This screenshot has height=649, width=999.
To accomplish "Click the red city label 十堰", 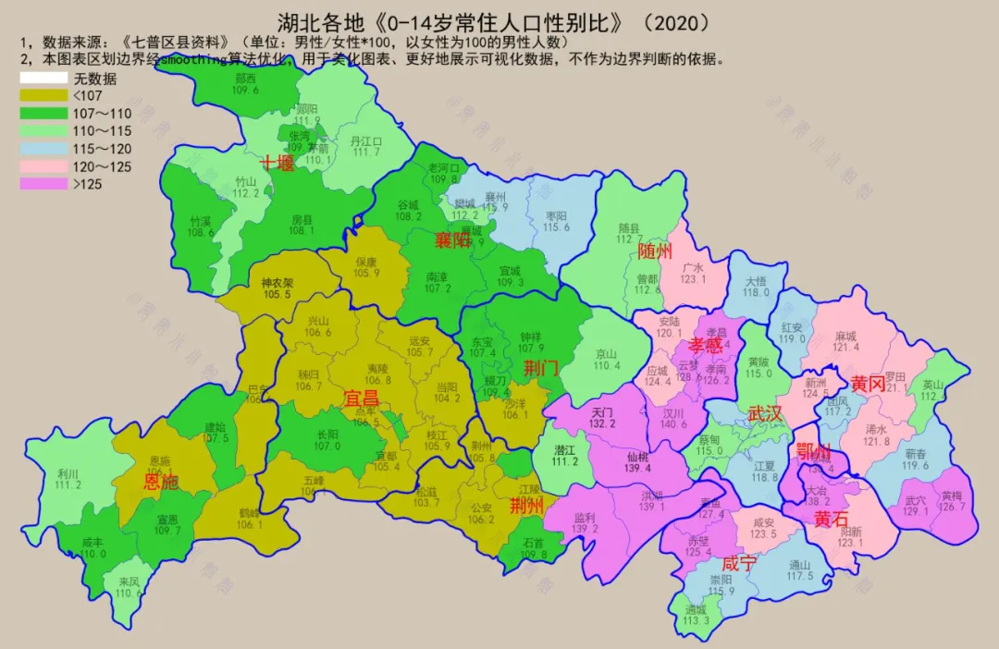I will pos(277,164).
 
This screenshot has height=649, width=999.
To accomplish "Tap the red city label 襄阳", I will pos(454,242).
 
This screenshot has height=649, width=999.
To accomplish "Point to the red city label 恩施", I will pos(161,481).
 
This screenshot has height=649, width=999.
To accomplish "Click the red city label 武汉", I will pos(766,413).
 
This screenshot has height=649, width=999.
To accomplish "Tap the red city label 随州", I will pos(655,252).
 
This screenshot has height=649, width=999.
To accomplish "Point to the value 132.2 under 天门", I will pos(602,423).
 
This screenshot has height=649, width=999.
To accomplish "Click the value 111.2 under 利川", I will pos(68,484).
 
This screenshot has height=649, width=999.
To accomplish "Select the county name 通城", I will pos(696,610).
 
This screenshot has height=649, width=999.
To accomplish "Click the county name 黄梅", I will pos(951,495).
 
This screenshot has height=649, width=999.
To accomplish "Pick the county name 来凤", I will pos(129,582).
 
